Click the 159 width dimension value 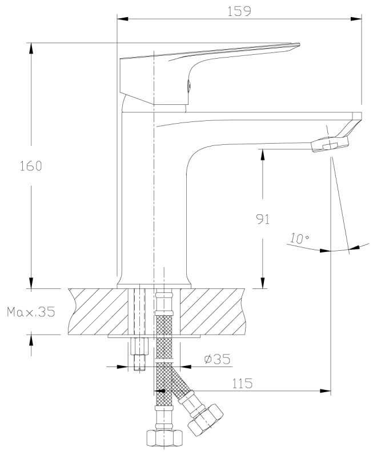[x=239, y=11]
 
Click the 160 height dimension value [x=31, y=166]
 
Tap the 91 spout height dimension [x=263, y=219]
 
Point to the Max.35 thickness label [x=31, y=312]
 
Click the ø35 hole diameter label [x=217, y=359]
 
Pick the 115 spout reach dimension [x=242, y=384]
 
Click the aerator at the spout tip [x=330, y=144]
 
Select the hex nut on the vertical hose [x=165, y=438]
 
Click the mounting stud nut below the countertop [x=139, y=346]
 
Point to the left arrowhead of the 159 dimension [x=122, y=19]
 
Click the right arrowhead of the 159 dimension [x=356, y=19]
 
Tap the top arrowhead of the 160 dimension [x=31, y=48]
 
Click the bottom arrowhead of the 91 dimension [x=263, y=283]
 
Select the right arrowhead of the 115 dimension [x=325, y=391]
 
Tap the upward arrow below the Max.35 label [x=31, y=345]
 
